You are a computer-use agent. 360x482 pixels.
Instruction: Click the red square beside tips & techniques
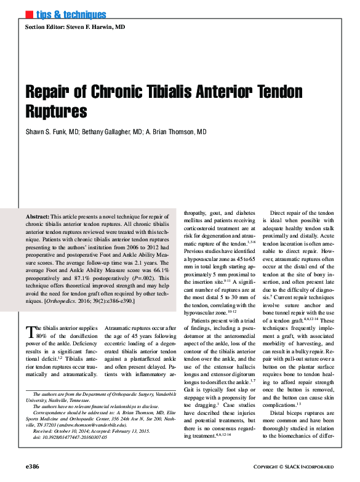[28, 14]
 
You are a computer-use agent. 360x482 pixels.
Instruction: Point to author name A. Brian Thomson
[177, 132]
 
